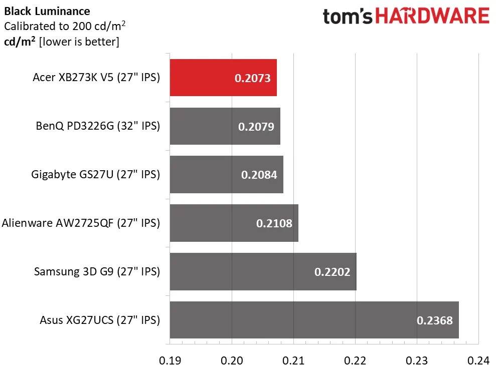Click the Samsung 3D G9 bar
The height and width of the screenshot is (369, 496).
241,271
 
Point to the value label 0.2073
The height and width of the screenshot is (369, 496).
253,78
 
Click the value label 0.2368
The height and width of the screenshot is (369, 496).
435,320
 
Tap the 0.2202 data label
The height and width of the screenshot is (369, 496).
332,272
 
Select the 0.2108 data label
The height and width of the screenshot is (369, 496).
274,223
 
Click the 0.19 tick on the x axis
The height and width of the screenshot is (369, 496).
170,360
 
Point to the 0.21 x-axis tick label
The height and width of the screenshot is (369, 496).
293,360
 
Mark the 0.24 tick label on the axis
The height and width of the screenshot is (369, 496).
478,360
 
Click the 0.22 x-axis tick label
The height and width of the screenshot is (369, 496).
355,360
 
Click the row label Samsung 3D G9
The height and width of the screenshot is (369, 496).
97,272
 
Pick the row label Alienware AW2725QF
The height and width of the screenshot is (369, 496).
81,223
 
